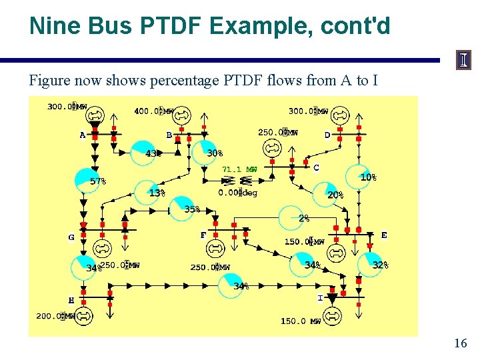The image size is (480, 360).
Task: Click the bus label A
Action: pos(83,135)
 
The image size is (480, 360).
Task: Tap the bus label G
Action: pos(71,237)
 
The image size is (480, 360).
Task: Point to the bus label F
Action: pos(203,235)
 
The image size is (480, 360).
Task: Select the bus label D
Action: pos(327,135)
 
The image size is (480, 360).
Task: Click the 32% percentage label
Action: pos(380,265)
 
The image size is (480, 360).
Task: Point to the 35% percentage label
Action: pos(192,209)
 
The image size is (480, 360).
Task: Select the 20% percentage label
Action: pos(335,195)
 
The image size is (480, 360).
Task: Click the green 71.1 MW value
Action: pos(239,169)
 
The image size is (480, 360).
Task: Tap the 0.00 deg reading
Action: pos(238,193)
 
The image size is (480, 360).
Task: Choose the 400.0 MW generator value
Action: pos(154,111)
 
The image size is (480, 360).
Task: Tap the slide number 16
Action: pos(460,343)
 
